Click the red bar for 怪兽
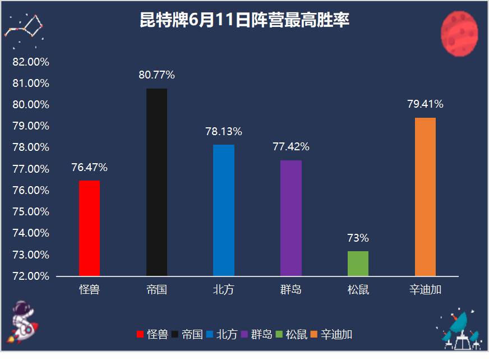[89, 228]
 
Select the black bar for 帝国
[156, 182]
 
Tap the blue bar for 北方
[224, 210]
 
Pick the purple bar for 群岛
[291, 218]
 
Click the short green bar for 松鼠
[358, 264]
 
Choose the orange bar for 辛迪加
[425, 197]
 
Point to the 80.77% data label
[156, 74]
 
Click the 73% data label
[358, 238]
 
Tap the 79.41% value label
[425, 104]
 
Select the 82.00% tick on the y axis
[30, 62]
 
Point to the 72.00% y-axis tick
[30, 276]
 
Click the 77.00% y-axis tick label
[30, 169]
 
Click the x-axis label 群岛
[291, 290]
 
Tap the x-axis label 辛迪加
[425, 290]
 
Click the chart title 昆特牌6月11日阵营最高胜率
[245, 21]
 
